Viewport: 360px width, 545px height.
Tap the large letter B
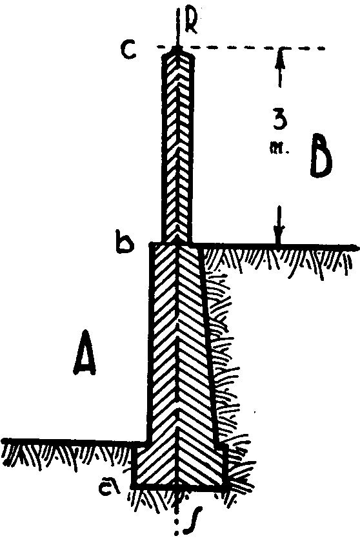coord(321,156)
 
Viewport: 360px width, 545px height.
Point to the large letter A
coord(85,353)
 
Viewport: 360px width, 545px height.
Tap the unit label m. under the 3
coord(279,149)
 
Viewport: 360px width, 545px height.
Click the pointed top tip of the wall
coord(178,47)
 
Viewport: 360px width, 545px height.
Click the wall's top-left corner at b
coord(151,245)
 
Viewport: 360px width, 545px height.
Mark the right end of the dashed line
coord(325,48)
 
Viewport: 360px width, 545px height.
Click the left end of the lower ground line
coord(3,442)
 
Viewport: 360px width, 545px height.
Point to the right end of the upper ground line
coord(357,247)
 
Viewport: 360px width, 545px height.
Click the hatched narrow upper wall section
coord(177,146)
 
